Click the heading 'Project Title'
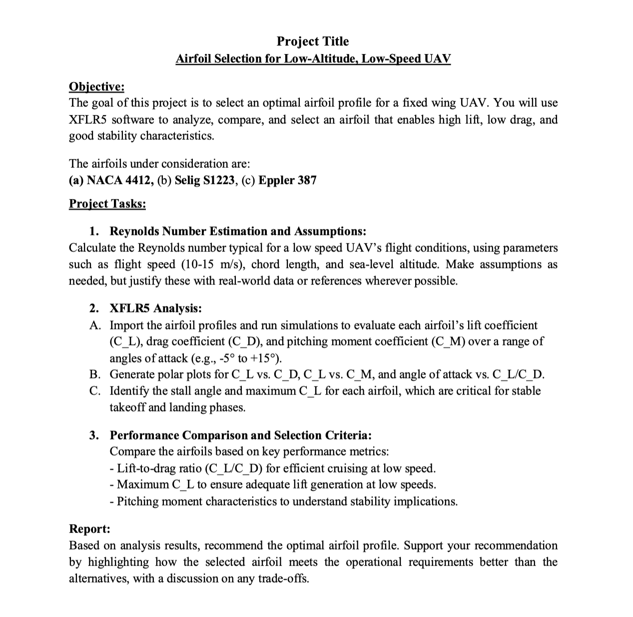pos(313,41)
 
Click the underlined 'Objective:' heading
pos(96,86)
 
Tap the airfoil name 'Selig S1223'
pos(205,180)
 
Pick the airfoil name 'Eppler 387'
pos(287,180)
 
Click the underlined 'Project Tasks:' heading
pos(107,204)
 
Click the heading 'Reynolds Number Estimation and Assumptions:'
pos(238,231)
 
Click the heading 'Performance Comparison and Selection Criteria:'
pos(240,435)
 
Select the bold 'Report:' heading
pos(89,528)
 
